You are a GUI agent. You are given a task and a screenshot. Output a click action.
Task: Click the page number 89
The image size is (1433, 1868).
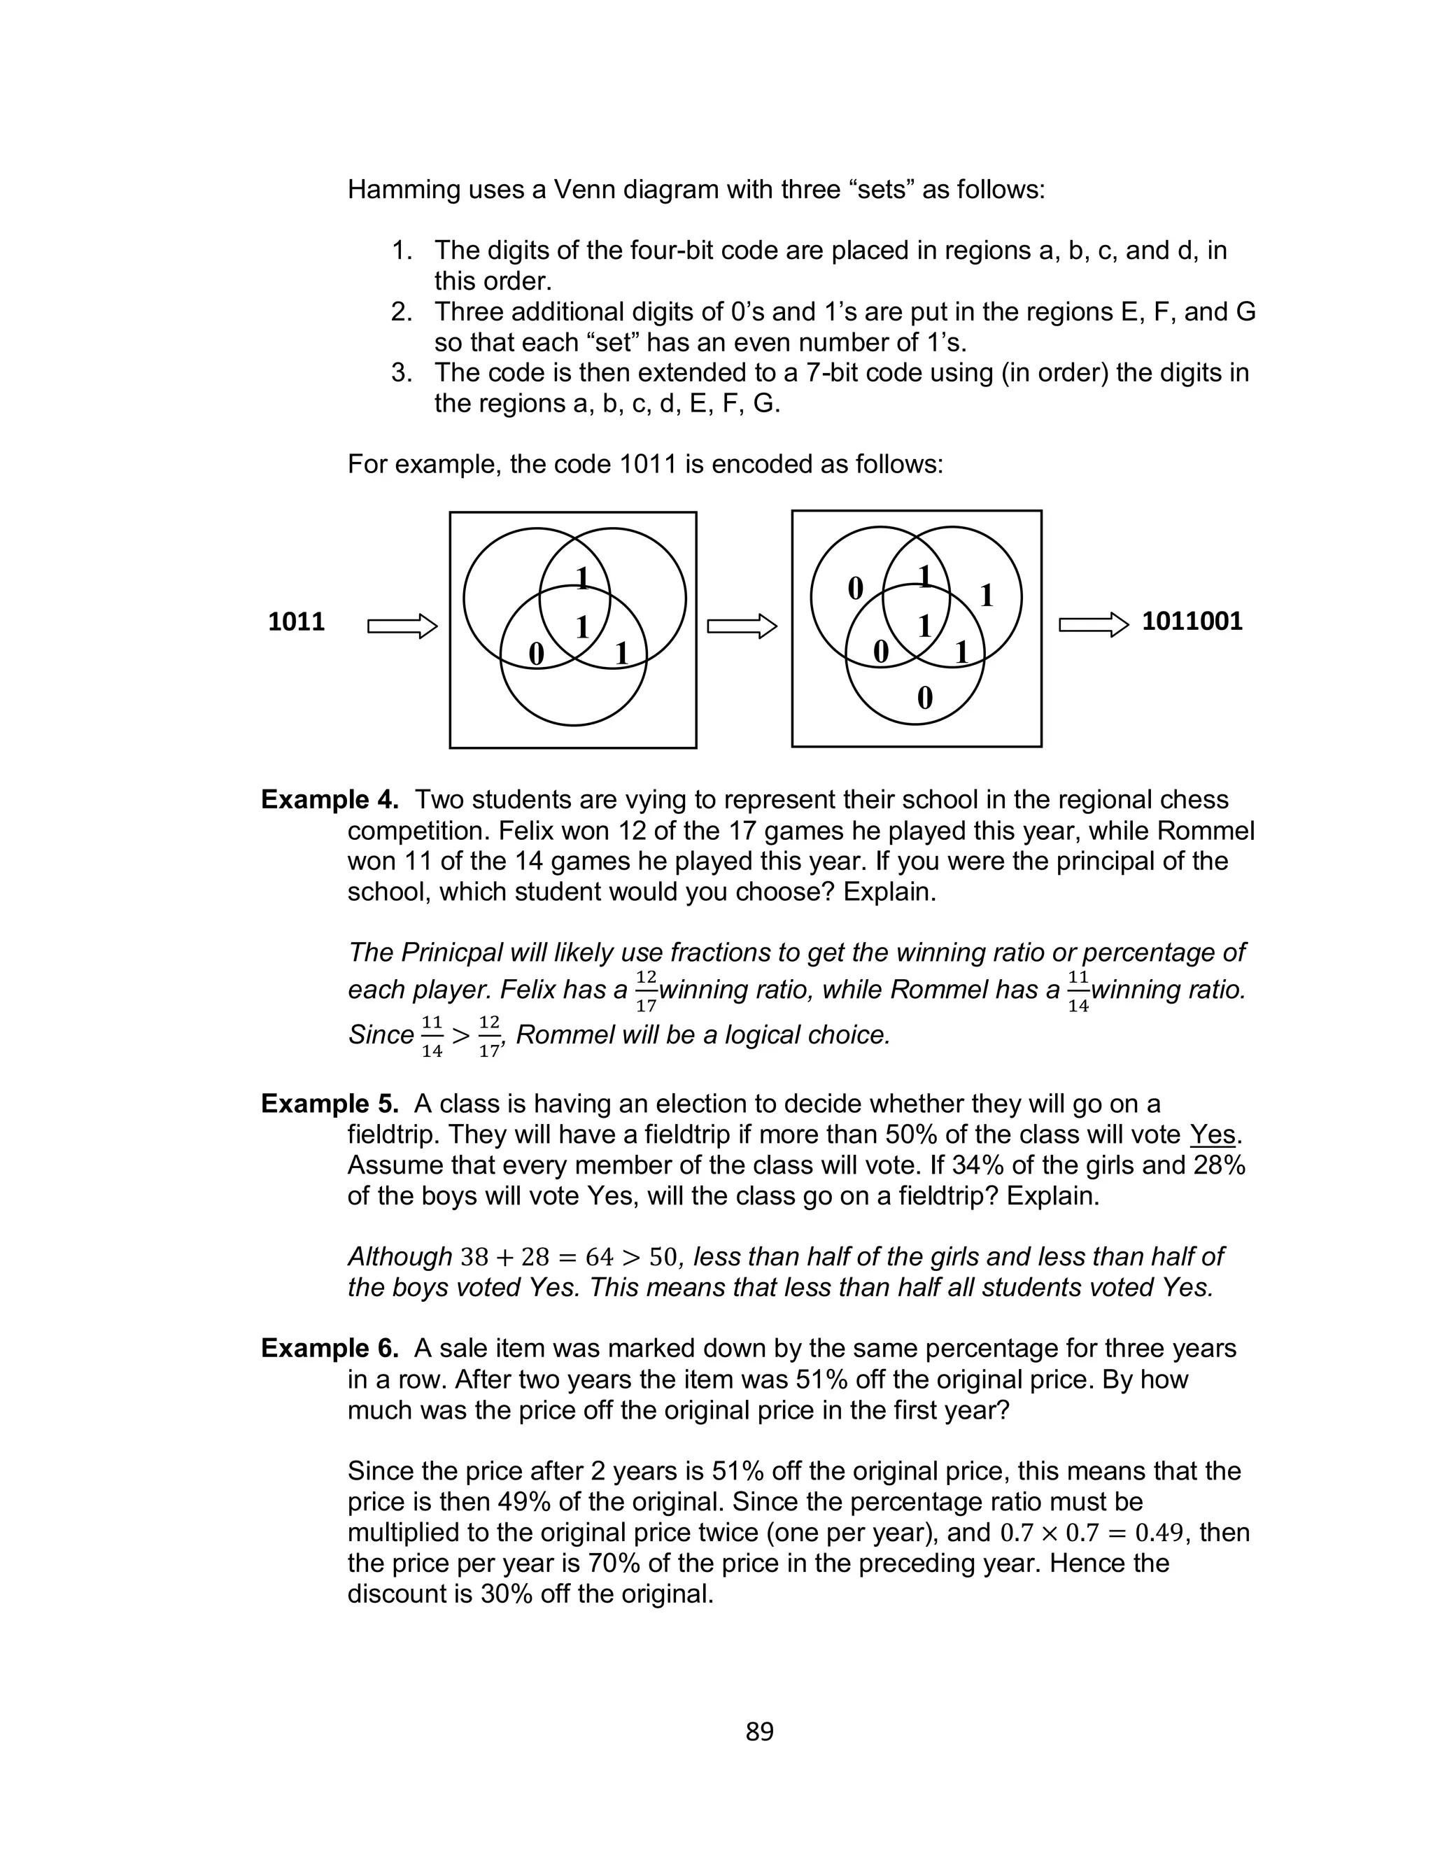click(759, 1732)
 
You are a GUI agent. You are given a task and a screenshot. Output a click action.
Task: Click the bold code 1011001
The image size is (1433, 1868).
click(1192, 621)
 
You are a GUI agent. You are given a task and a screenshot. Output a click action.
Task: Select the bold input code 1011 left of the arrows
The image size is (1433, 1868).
click(296, 622)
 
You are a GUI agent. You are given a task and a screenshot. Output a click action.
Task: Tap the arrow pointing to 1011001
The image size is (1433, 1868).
click(1093, 625)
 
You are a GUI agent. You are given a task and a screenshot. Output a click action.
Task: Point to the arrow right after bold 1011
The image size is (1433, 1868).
click(402, 627)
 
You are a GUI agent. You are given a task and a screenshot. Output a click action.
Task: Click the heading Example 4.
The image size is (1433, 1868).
click(330, 800)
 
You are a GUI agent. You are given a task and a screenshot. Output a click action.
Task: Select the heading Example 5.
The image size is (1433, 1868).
click(330, 1104)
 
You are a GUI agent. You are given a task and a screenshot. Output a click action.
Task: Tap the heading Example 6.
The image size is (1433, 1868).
click(330, 1349)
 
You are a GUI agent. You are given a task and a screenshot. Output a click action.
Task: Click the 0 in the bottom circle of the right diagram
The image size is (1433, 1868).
click(924, 698)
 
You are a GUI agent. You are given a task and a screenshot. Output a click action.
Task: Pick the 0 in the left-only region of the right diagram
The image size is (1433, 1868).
click(854, 589)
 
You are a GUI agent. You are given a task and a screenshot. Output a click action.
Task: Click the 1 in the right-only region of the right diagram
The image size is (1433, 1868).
click(987, 596)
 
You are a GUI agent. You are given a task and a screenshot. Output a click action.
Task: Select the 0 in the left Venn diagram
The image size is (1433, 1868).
click(536, 654)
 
